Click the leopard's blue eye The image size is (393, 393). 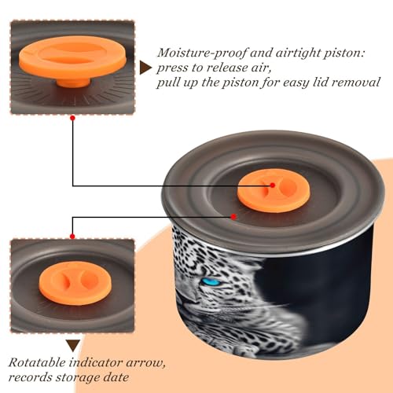[211, 282]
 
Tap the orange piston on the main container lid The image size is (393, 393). [274, 190]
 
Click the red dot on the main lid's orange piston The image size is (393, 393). [273, 185]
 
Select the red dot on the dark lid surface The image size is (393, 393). [233, 217]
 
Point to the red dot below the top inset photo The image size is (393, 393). [73, 118]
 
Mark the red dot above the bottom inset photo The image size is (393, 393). [72, 237]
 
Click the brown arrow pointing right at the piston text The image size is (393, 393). [145, 68]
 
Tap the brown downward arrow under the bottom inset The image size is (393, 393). [73, 346]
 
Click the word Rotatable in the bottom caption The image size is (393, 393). [37, 362]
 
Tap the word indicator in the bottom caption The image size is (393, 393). [96, 362]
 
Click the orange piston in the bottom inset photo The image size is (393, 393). [75, 283]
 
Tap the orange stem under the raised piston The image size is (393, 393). [73, 83]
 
